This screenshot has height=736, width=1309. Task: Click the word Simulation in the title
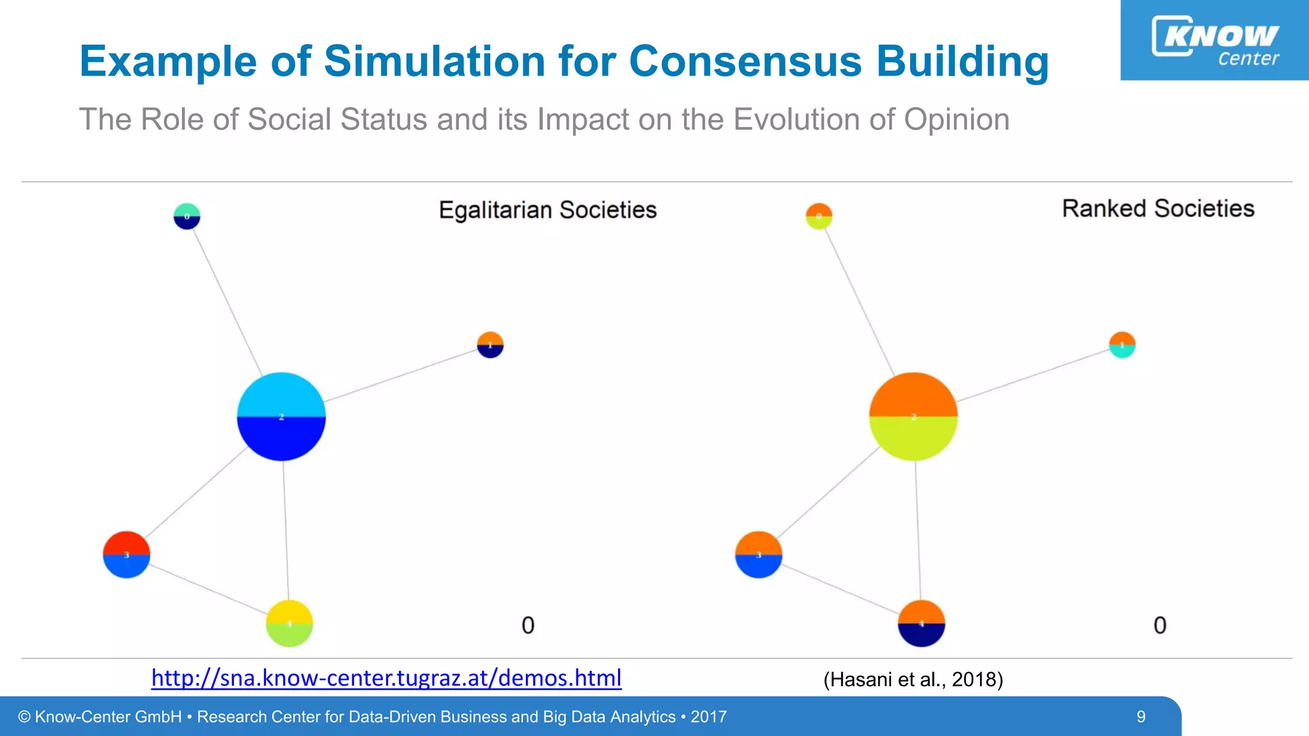tap(435, 62)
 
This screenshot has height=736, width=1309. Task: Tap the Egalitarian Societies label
tap(548, 210)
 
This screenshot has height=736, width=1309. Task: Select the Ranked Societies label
tap(1158, 209)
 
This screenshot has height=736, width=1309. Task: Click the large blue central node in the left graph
tap(281, 417)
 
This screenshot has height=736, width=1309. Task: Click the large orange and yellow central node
tap(913, 417)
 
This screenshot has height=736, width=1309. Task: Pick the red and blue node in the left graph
tap(127, 555)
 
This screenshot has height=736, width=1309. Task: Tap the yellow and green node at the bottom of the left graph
tap(290, 624)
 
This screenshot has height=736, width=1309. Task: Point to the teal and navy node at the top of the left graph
tap(187, 217)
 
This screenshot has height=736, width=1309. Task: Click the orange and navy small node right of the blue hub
tap(490, 345)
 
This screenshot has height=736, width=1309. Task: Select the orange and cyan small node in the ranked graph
tap(1122, 345)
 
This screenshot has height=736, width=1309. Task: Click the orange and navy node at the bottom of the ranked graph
tap(921, 624)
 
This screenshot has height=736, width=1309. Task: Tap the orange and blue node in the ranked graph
tap(759, 555)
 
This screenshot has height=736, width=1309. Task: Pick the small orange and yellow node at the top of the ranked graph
tap(819, 217)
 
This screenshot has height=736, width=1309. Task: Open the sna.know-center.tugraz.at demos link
tap(386, 678)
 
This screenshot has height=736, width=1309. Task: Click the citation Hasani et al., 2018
tap(913, 679)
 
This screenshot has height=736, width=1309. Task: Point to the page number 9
tap(1141, 717)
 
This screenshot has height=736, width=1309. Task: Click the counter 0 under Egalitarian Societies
tap(528, 625)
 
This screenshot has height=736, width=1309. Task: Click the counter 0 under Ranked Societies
tap(1159, 625)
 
